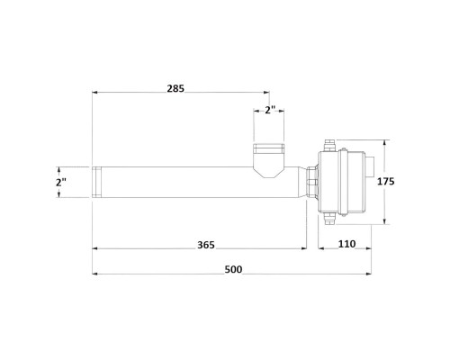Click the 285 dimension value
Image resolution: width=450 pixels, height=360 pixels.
coord(175,89)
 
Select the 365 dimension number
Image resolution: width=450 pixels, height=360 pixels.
coord(206,245)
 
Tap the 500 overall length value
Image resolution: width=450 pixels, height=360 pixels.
coord(233,270)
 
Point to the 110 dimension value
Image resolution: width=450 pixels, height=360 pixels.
coord(347,244)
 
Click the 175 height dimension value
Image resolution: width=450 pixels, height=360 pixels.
coord(386,182)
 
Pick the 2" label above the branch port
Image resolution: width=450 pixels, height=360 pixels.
coord(270,110)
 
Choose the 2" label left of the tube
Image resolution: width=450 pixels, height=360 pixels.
coord(61,182)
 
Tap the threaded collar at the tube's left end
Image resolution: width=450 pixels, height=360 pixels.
coord(97,182)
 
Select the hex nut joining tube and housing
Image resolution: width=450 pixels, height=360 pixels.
coord(312,182)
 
